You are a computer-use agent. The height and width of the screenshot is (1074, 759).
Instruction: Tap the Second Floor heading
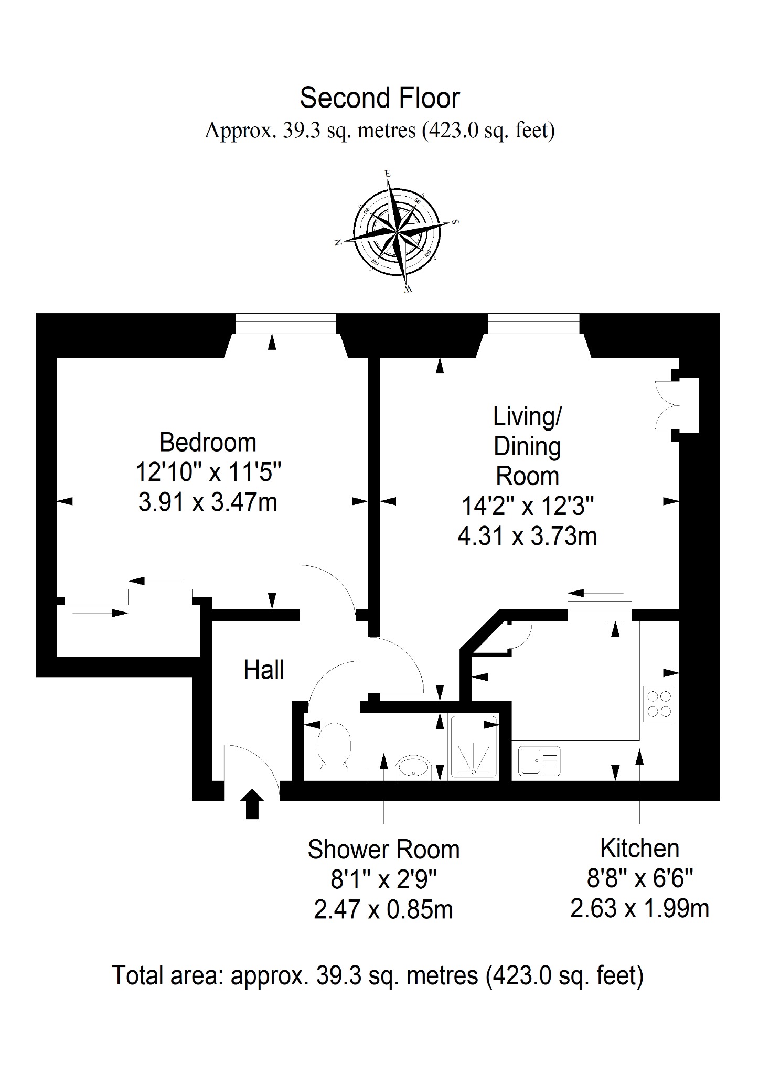click(380, 98)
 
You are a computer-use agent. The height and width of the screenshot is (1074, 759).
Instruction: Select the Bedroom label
click(208, 442)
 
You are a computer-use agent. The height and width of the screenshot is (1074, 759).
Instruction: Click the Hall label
click(264, 670)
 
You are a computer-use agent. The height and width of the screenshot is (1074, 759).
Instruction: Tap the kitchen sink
click(540, 761)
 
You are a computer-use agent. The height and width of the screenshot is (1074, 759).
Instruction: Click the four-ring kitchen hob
click(659, 704)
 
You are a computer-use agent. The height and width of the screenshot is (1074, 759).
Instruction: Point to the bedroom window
click(285, 324)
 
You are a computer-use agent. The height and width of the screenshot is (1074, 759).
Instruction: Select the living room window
click(533, 324)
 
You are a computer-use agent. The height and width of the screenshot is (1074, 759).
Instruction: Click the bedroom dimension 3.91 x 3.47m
click(208, 502)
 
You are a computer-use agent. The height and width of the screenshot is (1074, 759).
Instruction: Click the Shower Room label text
click(383, 850)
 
